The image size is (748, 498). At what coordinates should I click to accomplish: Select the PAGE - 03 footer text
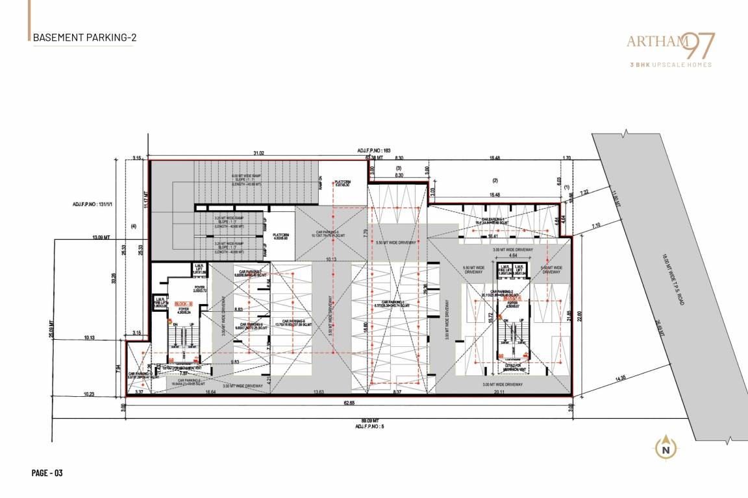click(x=47, y=473)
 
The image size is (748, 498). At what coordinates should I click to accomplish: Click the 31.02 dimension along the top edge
click(x=258, y=153)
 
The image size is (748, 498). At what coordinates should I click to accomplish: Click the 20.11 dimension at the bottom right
click(x=499, y=392)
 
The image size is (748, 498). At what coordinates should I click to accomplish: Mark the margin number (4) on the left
click(x=134, y=226)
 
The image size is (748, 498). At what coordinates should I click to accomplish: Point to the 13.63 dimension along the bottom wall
click(x=318, y=392)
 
